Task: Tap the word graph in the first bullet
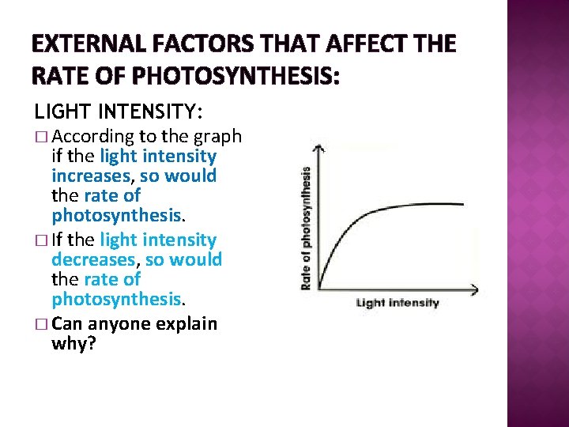pyautogui.click(x=220, y=137)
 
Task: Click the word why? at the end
pyautogui.click(x=73, y=343)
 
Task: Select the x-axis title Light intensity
pyautogui.click(x=398, y=303)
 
